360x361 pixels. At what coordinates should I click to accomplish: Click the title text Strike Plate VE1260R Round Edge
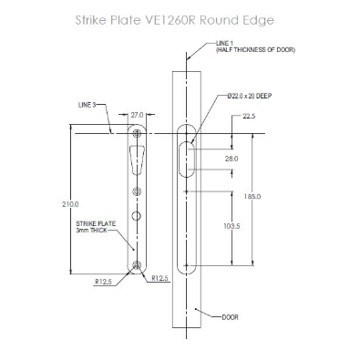click(x=174, y=20)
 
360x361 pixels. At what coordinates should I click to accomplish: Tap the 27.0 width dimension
click(x=137, y=115)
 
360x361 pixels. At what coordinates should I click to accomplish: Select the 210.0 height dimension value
click(x=70, y=204)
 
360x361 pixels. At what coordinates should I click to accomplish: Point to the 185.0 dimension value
click(x=252, y=197)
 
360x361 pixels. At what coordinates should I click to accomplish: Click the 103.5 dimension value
click(x=231, y=226)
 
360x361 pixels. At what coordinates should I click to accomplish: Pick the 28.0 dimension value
click(x=231, y=159)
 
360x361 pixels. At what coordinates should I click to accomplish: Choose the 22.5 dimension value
click(x=249, y=116)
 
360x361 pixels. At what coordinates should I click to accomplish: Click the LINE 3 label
click(x=87, y=105)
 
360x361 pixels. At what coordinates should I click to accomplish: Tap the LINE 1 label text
click(x=224, y=44)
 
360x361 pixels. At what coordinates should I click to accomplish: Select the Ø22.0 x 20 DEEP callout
click(x=249, y=96)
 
